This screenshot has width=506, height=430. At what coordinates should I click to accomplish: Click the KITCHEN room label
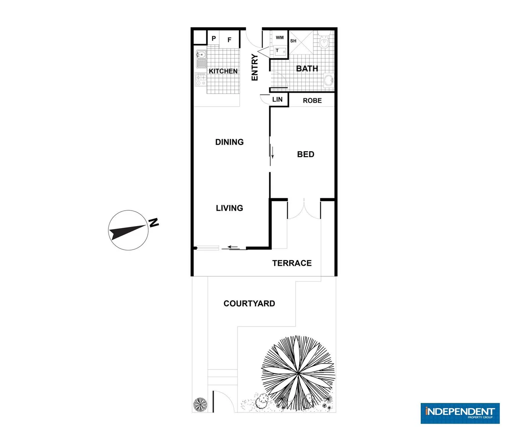(x=223, y=71)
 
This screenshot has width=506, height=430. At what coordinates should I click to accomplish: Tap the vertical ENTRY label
(x=255, y=67)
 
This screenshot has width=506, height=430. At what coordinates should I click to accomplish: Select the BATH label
(x=307, y=68)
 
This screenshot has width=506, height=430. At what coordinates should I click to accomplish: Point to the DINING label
(x=229, y=142)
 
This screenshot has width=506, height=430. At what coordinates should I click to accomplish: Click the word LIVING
(x=229, y=208)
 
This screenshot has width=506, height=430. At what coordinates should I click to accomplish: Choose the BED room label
(x=306, y=154)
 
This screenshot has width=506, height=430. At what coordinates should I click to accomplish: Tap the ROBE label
(x=312, y=101)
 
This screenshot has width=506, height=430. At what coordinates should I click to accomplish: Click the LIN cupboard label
(x=277, y=100)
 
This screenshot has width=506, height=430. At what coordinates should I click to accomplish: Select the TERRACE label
(x=292, y=263)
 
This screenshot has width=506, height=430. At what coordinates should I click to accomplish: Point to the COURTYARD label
(x=249, y=303)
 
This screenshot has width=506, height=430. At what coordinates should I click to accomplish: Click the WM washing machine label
(x=280, y=38)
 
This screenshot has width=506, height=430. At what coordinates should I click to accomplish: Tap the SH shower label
(x=293, y=41)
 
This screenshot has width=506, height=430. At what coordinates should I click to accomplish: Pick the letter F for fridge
(x=229, y=40)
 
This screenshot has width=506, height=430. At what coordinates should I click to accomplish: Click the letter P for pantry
(x=214, y=39)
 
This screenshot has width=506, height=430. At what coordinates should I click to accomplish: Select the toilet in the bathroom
(x=324, y=41)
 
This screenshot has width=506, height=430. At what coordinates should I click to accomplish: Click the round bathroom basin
(x=329, y=80)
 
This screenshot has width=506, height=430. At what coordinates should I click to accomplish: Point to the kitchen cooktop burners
(x=200, y=79)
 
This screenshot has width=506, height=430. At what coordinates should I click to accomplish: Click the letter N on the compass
(x=154, y=223)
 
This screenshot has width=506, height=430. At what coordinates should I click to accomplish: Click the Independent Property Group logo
(x=460, y=413)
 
